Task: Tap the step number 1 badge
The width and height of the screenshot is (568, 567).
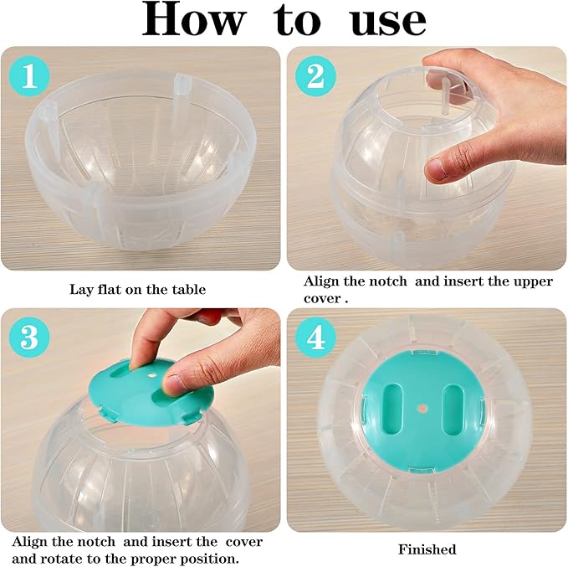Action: point(30,77)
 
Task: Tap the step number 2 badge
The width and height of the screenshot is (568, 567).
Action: point(315,77)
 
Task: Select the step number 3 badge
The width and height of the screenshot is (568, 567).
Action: point(30,338)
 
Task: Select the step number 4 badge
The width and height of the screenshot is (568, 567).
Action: point(315,338)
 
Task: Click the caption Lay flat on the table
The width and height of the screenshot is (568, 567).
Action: point(137,290)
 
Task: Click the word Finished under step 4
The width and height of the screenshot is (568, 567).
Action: point(427,549)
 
